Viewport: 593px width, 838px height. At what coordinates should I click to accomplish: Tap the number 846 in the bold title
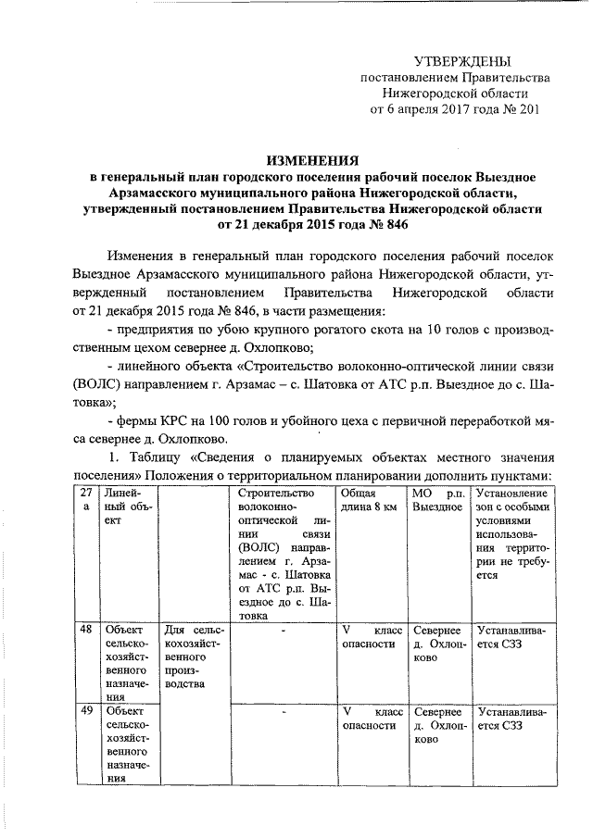tap(392, 224)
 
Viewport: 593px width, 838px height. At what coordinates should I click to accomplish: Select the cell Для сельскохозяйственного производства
tap(195, 657)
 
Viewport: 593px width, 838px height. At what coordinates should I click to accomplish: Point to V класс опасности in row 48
tap(372, 638)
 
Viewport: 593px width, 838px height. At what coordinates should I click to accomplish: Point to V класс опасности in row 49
tap(372, 719)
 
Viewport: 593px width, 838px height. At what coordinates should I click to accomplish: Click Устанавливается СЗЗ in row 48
tap(511, 638)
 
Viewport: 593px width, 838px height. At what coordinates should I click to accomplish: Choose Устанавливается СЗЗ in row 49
tap(511, 719)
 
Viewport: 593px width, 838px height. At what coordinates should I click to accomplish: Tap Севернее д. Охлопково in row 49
tap(437, 727)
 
